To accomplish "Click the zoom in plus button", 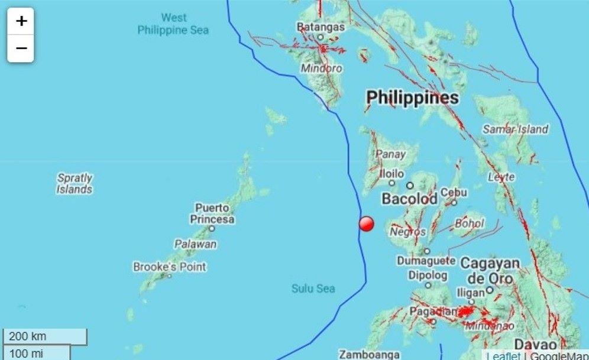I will click(21, 21).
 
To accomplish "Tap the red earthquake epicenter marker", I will click(367, 223).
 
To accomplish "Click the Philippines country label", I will click(412, 98).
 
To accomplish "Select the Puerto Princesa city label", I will click(212, 213).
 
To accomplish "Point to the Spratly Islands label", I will click(75, 183).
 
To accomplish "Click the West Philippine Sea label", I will click(173, 24).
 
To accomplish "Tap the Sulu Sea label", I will click(313, 288).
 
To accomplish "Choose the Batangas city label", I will click(321, 27).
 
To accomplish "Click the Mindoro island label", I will click(321, 68).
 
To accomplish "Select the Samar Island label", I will click(515, 129).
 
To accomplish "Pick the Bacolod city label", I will click(409, 199).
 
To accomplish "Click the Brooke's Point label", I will click(169, 267).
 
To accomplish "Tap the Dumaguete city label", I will click(426, 260).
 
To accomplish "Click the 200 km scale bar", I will click(45, 336).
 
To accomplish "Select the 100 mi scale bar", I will click(36, 353).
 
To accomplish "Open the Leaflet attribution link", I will click(504, 356).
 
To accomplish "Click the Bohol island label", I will click(470, 223).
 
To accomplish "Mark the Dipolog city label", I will click(428, 275).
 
